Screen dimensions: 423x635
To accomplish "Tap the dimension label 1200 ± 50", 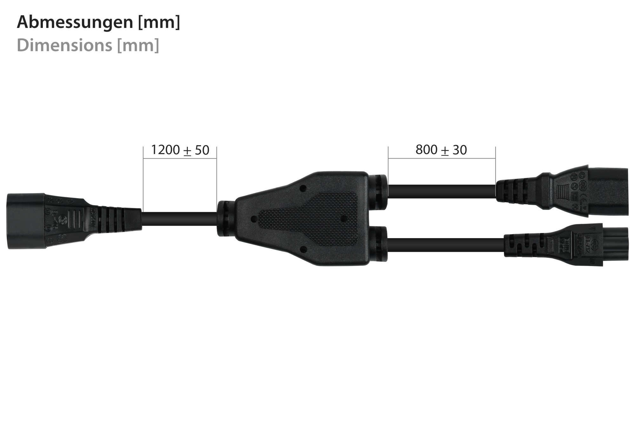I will click(180, 150).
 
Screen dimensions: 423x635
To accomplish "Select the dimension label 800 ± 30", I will click(441, 150).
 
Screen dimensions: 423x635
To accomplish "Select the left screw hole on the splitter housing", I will click(253, 218).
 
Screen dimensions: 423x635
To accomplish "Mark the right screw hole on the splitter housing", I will click(344, 218).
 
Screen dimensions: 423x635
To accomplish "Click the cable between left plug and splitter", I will click(179, 218).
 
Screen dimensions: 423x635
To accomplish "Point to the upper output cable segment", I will click(441, 191).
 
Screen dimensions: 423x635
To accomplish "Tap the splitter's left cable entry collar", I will click(225, 218).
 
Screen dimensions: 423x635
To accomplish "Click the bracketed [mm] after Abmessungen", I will click(159, 23).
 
